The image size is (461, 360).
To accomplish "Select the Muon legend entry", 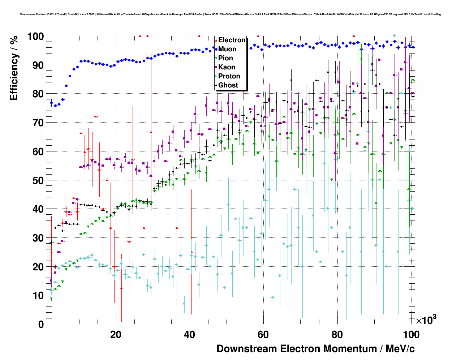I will click(x=227, y=49).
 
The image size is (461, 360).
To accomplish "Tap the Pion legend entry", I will click(x=225, y=58).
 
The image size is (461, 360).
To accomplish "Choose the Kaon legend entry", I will click(x=227, y=67).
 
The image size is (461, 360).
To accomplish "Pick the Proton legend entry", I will click(x=229, y=76).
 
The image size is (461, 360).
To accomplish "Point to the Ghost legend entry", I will click(x=228, y=85).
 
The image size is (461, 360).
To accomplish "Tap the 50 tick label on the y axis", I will click(x=38, y=180).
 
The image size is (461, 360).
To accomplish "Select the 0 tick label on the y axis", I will click(x=41, y=324).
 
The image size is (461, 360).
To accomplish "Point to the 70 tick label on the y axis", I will click(x=38, y=123).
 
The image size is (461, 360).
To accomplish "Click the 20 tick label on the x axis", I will click(x=116, y=335).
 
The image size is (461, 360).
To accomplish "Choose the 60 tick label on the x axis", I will click(x=263, y=335).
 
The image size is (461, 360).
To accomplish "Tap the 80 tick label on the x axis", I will click(x=337, y=335).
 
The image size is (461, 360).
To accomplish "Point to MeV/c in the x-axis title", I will click(x=400, y=349).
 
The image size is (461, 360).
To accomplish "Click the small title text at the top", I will click(x=231, y=14).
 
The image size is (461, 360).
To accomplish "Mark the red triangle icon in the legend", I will click(x=216, y=40).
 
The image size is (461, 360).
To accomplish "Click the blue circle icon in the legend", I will click(x=216, y=49).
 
